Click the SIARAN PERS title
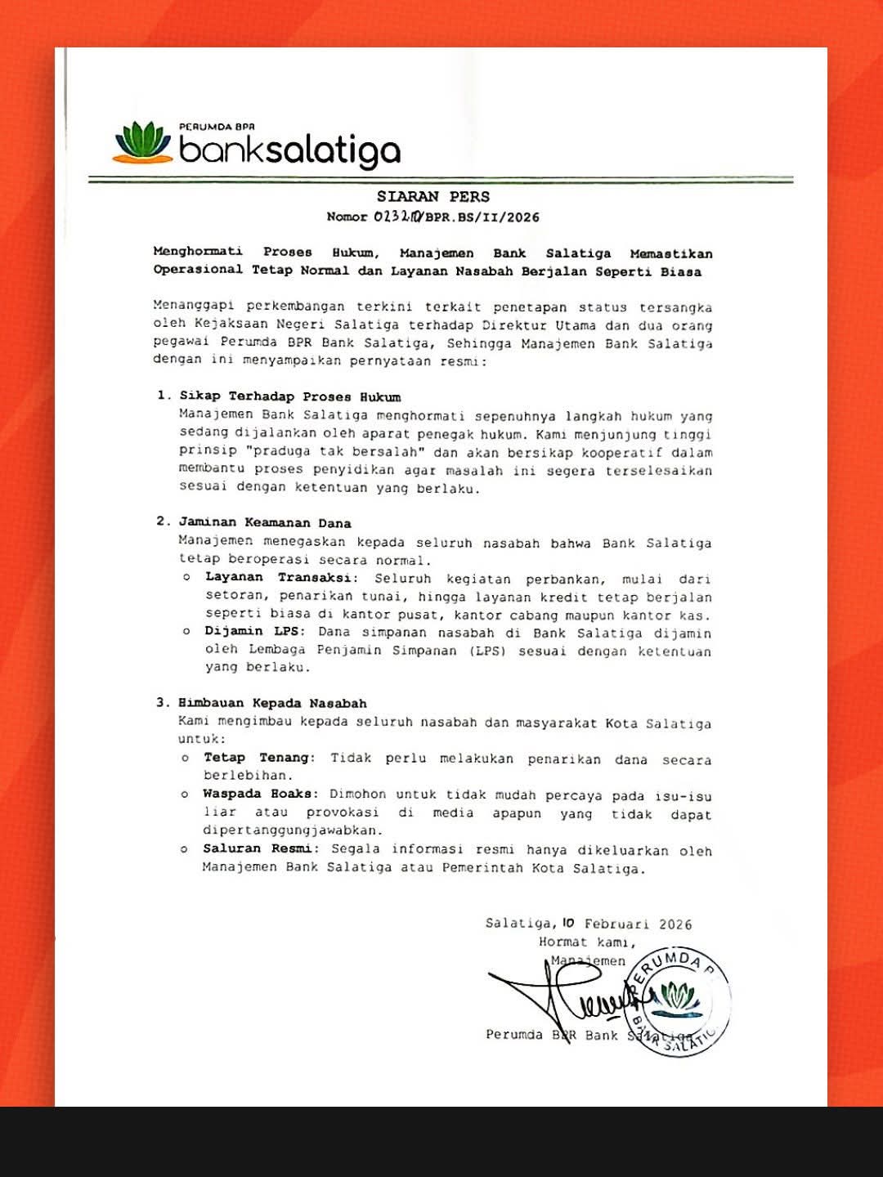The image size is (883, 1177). tap(433, 196)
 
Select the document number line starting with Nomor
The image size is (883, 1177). tap(433, 217)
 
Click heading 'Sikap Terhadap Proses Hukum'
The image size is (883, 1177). tap(290, 396)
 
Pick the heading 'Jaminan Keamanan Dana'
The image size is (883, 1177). tap(265, 522)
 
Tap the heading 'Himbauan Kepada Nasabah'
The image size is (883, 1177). tap(273, 703)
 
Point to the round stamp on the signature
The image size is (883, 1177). tap(676, 1001)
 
